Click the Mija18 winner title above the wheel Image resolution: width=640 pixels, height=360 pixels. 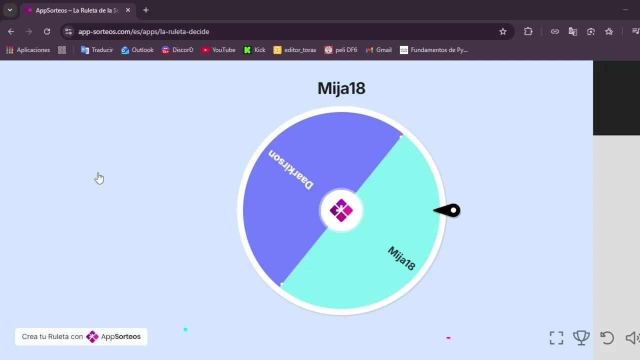[x=341, y=88]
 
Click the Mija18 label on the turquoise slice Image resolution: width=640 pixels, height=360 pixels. [x=401, y=258]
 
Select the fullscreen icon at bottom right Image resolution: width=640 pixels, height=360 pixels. [x=556, y=338]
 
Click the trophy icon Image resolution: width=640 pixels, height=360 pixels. [x=581, y=338]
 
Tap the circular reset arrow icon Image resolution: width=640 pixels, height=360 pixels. [x=607, y=338]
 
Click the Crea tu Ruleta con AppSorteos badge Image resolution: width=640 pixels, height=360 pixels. [x=81, y=336]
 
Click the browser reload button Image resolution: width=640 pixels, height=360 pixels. [x=47, y=31]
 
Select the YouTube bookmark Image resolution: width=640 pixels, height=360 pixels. [x=218, y=50]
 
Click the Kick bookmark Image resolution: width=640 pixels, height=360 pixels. [x=254, y=50]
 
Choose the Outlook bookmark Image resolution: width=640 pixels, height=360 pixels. [x=137, y=50]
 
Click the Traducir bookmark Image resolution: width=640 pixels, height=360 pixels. [x=97, y=50]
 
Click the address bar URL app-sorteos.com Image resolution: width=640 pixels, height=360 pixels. [x=144, y=31]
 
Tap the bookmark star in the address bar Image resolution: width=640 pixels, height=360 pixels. [x=503, y=31]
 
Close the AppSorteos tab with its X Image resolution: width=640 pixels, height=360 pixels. [x=128, y=10]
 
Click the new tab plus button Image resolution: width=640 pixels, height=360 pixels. [x=146, y=10]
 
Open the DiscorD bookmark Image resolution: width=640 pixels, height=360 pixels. [x=177, y=50]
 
